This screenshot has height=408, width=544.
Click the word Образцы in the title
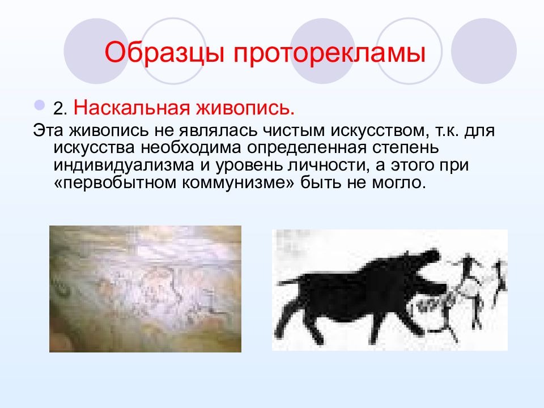pos(165,52)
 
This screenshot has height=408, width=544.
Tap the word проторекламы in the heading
pos(329,53)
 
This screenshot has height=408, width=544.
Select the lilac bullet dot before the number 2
pos(40,104)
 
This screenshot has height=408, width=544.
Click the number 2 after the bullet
pos(59,109)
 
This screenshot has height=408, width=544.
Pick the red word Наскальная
pos(132,108)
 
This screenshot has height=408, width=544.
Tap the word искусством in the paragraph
pos(377,131)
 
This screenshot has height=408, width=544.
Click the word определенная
pos(307,148)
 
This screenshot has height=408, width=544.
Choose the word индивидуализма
pos(124,165)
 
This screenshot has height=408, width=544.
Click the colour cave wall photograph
pos(145,288)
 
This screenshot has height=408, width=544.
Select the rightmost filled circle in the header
pos(483,51)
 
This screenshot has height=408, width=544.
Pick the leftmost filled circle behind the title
pos(96,51)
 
